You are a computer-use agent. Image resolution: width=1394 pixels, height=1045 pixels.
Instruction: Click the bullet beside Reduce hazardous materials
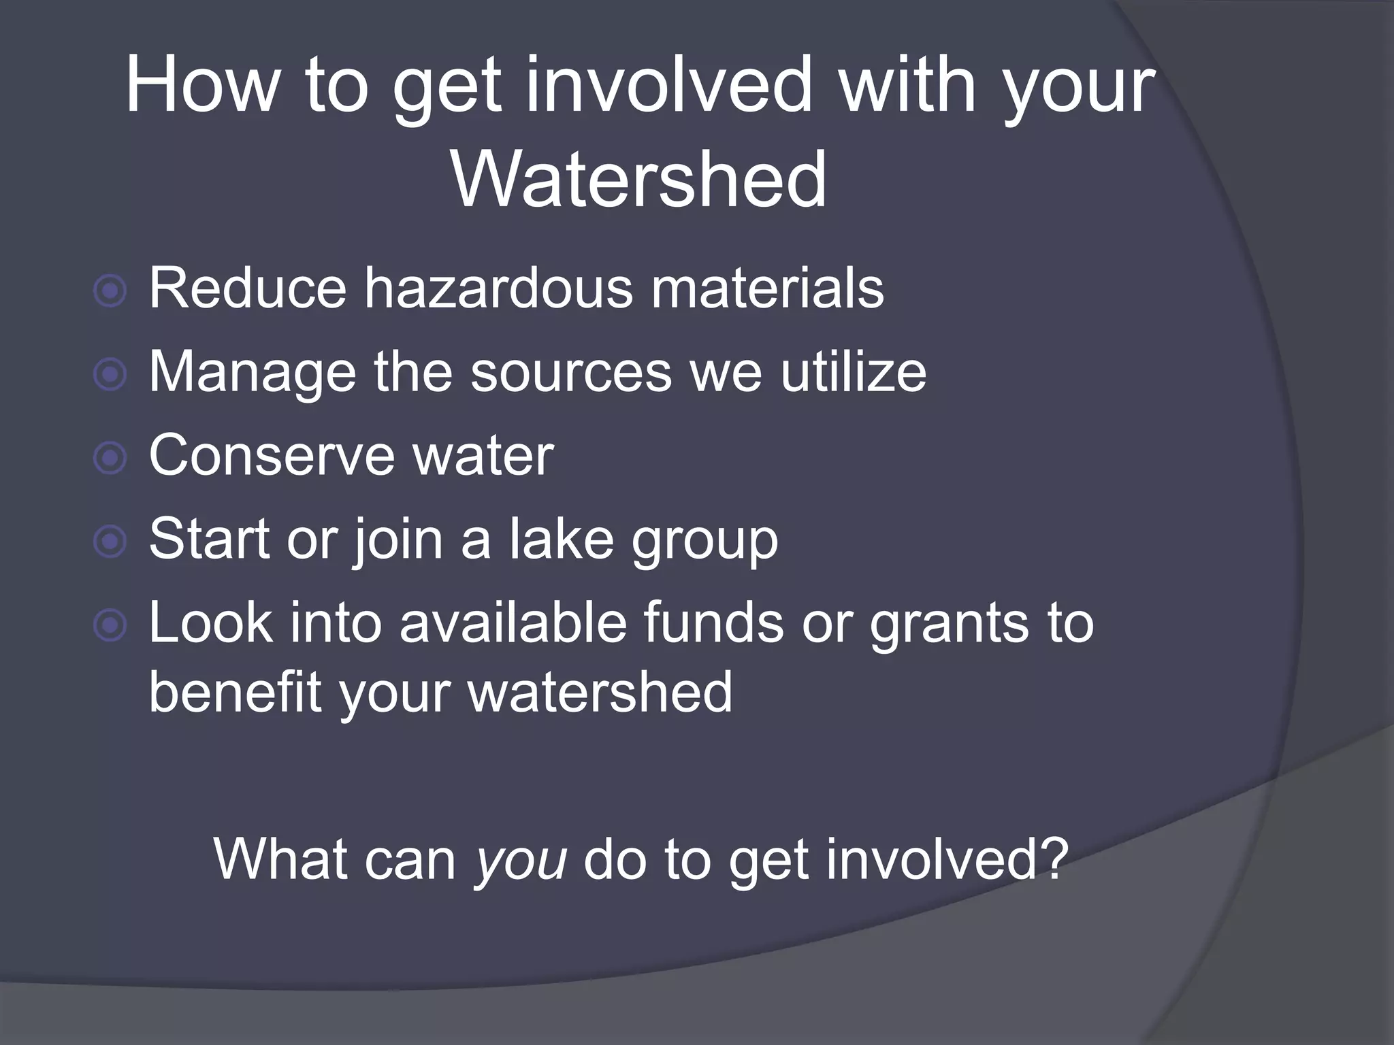110,292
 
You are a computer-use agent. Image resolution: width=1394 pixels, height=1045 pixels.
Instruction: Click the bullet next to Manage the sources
110,375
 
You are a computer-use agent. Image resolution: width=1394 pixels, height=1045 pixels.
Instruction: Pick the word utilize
853,372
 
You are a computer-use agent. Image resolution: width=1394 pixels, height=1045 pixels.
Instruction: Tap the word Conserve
271,456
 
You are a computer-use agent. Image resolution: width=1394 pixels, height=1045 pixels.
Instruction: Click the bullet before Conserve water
110,459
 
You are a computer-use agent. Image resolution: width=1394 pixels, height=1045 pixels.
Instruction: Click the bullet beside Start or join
110,542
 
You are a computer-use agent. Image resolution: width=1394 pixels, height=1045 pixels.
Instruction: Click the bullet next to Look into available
110,625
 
